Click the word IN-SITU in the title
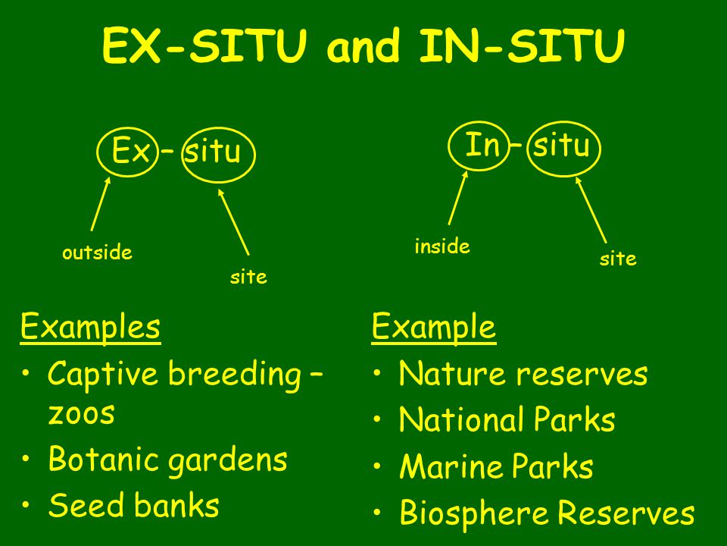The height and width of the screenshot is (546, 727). pyautogui.click(x=523, y=47)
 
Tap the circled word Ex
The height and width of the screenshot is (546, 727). pyautogui.click(x=130, y=152)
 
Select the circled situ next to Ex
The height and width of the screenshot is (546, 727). pyautogui.click(x=213, y=153)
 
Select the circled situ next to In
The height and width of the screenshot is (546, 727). pyautogui.click(x=561, y=145)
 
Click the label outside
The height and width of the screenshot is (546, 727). pyautogui.click(x=97, y=253)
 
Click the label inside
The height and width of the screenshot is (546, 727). pyautogui.click(x=442, y=246)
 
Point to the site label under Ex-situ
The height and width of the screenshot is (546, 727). pyautogui.click(x=248, y=278)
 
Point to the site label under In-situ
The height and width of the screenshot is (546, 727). pyautogui.click(x=618, y=259)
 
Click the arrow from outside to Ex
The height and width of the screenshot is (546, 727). pyautogui.click(x=101, y=203)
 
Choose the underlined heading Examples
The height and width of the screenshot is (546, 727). pyautogui.click(x=90, y=328)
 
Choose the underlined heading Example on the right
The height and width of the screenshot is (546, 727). pyautogui.click(x=433, y=328)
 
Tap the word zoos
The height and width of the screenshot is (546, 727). pyautogui.click(x=81, y=414)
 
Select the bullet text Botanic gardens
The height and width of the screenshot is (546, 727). pyautogui.click(x=167, y=460)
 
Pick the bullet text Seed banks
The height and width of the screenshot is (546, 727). pyautogui.click(x=133, y=506)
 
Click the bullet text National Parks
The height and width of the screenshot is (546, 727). pyautogui.click(x=507, y=420)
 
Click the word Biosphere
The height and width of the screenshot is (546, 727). pyautogui.click(x=476, y=513)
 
